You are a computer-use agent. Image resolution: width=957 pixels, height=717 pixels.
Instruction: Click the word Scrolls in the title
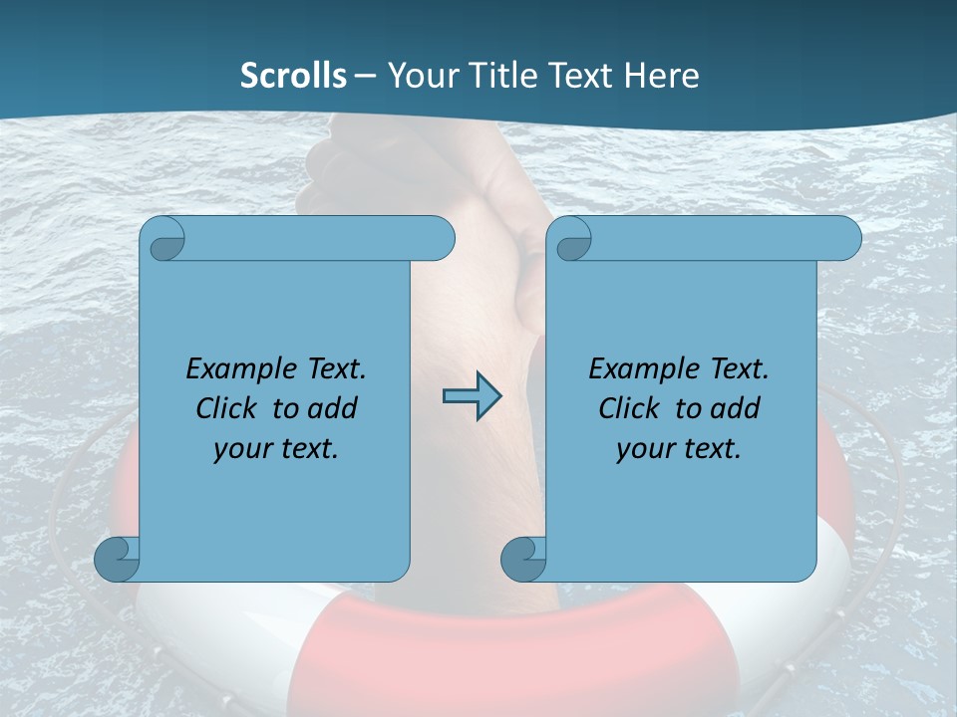(x=293, y=76)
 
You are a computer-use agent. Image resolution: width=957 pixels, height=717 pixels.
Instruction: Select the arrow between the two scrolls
(x=472, y=396)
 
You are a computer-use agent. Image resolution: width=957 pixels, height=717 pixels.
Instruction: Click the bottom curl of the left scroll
(x=117, y=559)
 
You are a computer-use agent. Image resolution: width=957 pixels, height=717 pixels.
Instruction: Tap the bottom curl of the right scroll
(x=523, y=559)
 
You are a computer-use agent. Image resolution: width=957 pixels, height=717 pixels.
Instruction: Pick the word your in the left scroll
(x=242, y=449)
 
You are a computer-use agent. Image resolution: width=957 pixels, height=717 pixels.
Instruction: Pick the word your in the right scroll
(x=645, y=449)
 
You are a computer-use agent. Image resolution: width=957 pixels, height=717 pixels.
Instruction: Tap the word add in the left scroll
(x=333, y=408)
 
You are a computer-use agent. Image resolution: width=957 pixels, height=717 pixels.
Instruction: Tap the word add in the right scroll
(x=736, y=408)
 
